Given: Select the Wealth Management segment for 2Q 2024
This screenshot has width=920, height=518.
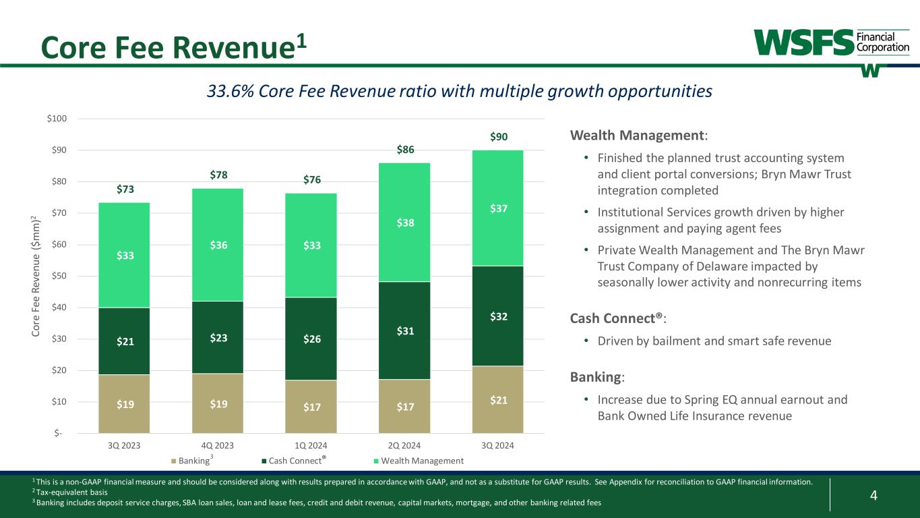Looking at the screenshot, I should [x=404, y=222].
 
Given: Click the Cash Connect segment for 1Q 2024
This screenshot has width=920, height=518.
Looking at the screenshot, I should [x=311, y=338].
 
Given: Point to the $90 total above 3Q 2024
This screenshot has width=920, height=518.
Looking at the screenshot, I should [x=498, y=138].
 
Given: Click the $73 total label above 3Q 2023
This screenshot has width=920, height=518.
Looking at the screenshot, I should [x=124, y=190].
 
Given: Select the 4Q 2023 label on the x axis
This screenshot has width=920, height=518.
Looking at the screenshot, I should [x=218, y=446].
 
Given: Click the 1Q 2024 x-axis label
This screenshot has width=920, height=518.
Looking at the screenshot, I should [x=311, y=446].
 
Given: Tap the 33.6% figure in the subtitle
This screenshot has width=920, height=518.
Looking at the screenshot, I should [x=228, y=91].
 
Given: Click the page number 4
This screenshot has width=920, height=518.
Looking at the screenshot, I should [x=873, y=496].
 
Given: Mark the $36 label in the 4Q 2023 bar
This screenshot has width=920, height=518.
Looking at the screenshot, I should [x=218, y=246].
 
